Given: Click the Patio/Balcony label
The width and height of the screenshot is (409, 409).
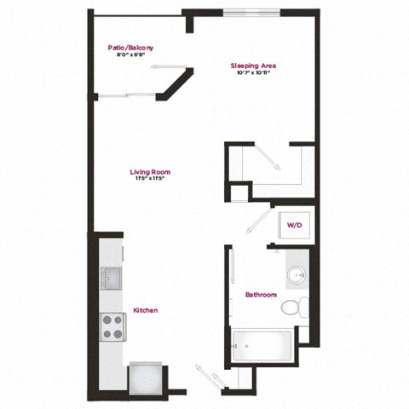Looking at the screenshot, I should click(x=130, y=48).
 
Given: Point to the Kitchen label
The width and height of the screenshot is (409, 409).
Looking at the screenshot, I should click(x=144, y=310).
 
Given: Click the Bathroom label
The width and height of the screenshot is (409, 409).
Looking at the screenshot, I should click(x=261, y=295).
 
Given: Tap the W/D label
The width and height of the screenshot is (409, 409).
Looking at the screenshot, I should click(x=295, y=225).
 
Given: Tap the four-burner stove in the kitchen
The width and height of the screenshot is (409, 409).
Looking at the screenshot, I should click(x=114, y=325).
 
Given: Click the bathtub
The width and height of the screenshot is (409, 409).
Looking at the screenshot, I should click(x=263, y=345).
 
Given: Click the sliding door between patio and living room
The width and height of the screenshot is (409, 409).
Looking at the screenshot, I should click(x=128, y=94).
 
